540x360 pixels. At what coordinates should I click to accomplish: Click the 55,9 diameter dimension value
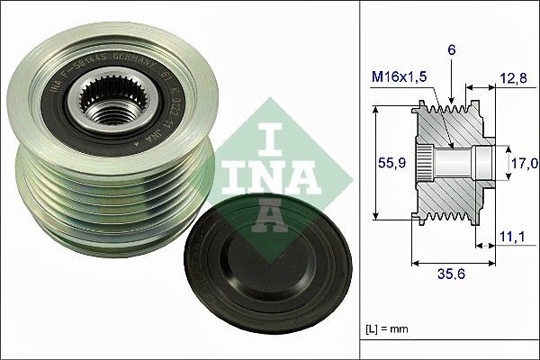pyautogui.click(x=385, y=164)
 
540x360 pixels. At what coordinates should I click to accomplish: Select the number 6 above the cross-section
pyautogui.click(x=453, y=51)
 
